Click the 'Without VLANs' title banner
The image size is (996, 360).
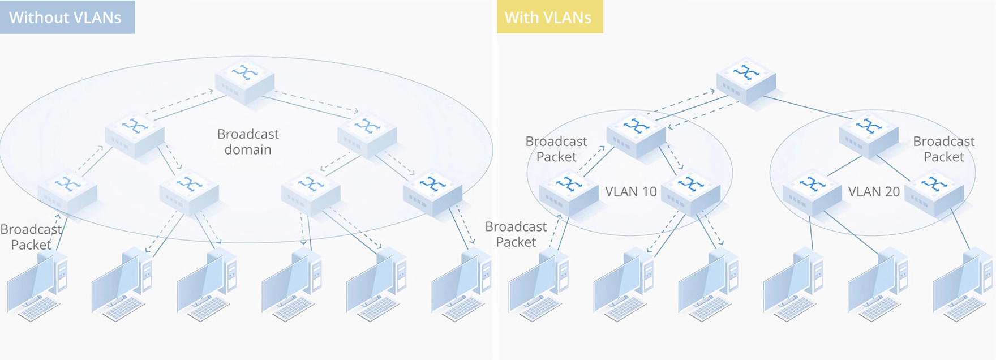67,17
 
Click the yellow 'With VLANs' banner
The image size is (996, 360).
549,17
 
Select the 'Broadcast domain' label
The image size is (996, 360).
248,142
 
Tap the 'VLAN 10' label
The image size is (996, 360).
631,192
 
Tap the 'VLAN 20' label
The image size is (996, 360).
874,192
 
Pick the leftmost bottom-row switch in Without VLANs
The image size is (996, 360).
67,191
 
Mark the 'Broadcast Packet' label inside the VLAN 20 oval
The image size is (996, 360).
943,149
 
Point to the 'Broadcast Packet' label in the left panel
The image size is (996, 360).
31,237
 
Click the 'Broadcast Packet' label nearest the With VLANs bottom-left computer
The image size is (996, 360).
516,234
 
